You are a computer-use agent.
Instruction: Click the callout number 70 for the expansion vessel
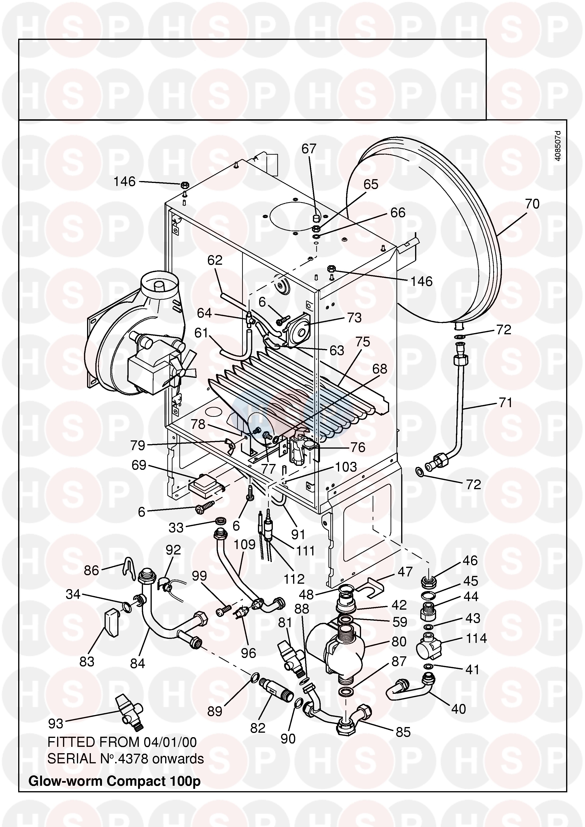pyautogui.click(x=532, y=204)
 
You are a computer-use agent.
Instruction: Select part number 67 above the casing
pyautogui.click(x=309, y=149)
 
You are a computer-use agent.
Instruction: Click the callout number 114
pyautogui.click(x=476, y=639)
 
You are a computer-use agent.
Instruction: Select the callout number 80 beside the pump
pyautogui.click(x=399, y=641)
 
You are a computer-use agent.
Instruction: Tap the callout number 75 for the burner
pyautogui.click(x=363, y=342)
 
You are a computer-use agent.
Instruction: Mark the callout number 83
pyautogui.click(x=87, y=662)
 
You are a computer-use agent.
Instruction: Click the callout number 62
pyautogui.click(x=215, y=261)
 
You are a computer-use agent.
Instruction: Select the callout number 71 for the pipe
pyautogui.click(x=505, y=402)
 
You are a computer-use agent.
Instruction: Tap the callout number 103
pyautogui.click(x=346, y=467)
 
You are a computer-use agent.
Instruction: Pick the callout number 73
pyautogui.click(x=354, y=318)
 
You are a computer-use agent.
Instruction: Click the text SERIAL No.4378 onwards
pyautogui.click(x=126, y=759)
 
